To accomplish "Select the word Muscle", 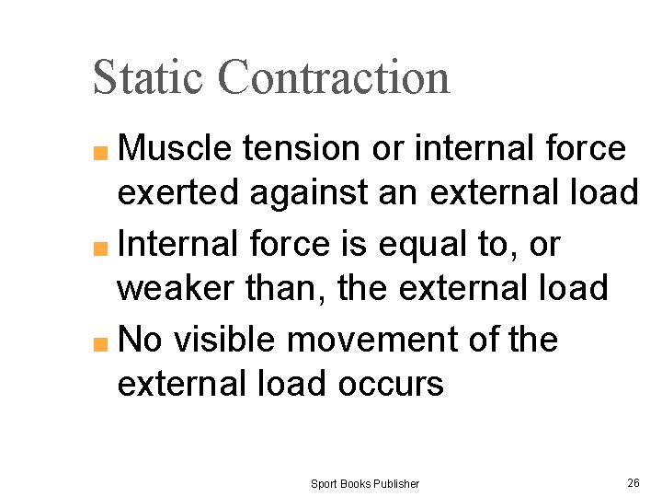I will pos(179,148).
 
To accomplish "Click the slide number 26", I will pos(633,482).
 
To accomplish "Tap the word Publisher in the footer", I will pos(395,483).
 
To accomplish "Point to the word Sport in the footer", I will pos(324,483).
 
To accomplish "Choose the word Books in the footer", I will pos(355,483).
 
